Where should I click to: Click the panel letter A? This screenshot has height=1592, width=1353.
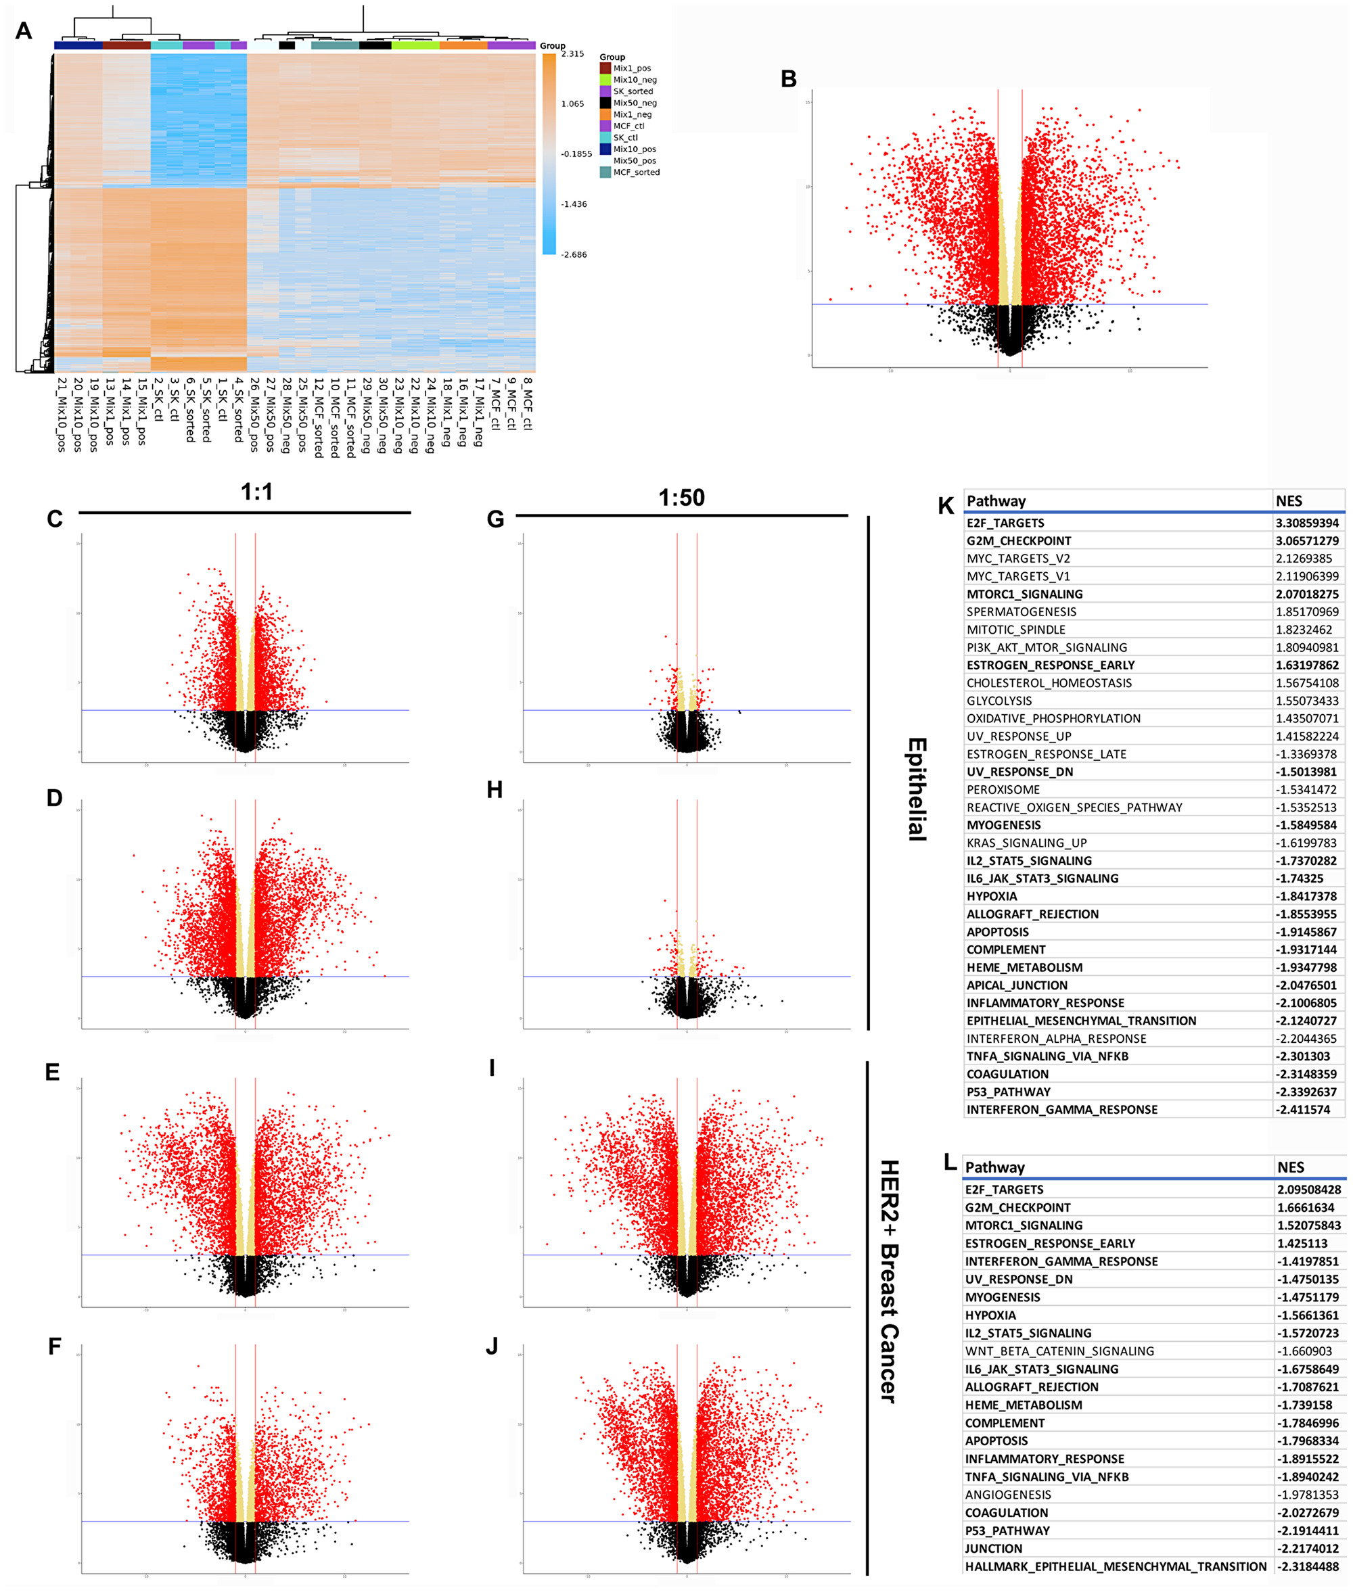pyautogui.click(x=24, y=30)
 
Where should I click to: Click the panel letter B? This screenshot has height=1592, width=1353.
pyautogui.click(x=789, y=79)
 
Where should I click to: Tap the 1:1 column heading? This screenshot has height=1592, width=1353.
pyautogui.click(x=256, y=492)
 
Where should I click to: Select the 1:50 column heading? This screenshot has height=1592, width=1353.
pyautogui.click(x=681, y=498)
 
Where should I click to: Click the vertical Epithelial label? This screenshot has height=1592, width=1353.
pyautogui.click(x=917, y=789)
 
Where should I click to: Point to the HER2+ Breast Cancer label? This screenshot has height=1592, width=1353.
pyautogui.click(x=889, y=1281)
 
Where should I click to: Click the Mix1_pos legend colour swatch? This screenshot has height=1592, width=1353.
pyautogui.click(x=605, y=68)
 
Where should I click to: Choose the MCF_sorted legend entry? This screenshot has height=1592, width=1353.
pyautogui.click(x=636, y=172)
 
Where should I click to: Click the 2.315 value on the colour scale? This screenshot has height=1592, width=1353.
pyautogui.click(x=572, y=53)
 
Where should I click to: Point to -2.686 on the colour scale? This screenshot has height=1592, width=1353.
pyautogui.click(x=574, y=254)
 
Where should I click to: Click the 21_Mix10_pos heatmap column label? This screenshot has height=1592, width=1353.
pyautogui.click(x=62, y=414)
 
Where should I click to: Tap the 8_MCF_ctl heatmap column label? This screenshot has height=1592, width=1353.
pyautogui.click(x=527, y=403)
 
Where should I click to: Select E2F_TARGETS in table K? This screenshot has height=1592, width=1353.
pyautogui.click(x=1005, y=523)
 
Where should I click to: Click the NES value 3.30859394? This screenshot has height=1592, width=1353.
pyautogui.click(x=1307, y=523)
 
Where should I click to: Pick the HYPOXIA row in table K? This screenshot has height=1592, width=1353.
pyautogui.click(x=992, y=897)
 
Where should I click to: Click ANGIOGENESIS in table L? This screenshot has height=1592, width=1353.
pyautogui.click(x=1008, y=1495)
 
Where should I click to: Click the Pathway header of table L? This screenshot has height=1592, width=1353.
pyautogui.click(x=995, y=1167)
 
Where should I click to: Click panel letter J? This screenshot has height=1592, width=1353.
pyautogui.click(x=492, y=1346)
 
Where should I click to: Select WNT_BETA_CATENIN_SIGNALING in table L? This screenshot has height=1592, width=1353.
pyautogui.click(x=1059, y=1351)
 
